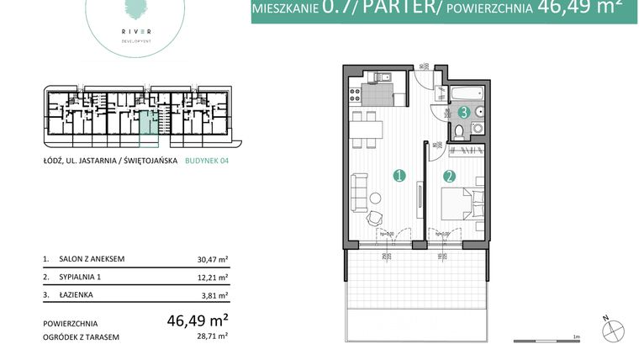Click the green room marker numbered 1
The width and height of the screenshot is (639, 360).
click(x=399, y=176)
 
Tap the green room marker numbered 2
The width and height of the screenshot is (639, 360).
click(x=449, y=177)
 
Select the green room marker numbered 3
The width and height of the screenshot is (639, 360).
click(x=463, y=111)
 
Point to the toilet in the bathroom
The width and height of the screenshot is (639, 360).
click(x=460, y=130)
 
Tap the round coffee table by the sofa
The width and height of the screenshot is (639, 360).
click(x=376, y=198)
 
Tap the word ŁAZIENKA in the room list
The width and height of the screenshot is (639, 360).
click(x=76, y=295)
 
